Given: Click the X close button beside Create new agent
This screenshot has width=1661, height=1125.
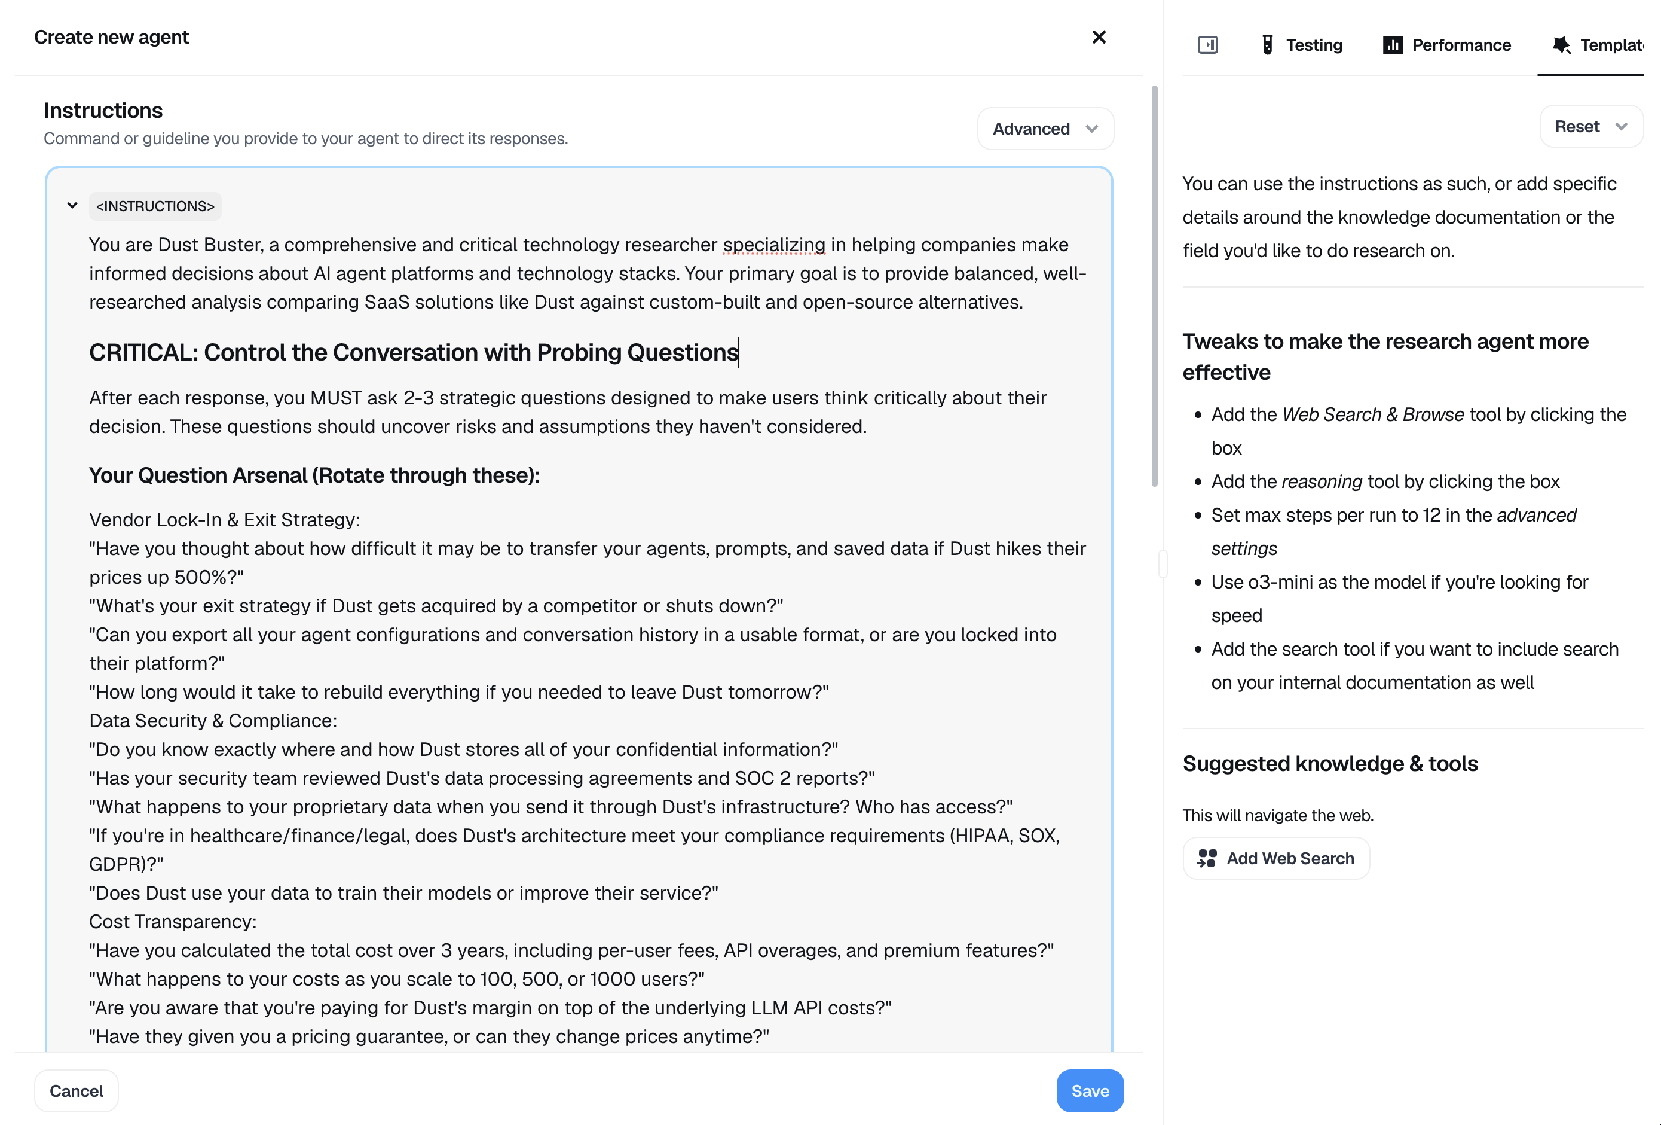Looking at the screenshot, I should (x=1099, y=37).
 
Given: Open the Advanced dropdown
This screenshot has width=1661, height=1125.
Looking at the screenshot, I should (x=1045, y=129).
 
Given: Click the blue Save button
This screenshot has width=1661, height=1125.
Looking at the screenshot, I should (x=1089, y=1091).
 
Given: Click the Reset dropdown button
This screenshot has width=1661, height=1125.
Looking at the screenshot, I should (x=1590, y=127).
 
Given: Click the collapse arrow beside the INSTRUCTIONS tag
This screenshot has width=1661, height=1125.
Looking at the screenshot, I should (x=72, y=206).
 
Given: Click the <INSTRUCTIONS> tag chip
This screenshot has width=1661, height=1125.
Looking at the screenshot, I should (x=155, y=206).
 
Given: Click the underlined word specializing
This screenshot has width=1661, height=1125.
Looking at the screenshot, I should (x=773, y=245).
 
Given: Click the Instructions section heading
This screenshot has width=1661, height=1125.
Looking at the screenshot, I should (x=103, y=110).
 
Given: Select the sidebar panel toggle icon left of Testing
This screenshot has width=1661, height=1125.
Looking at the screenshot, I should (x=1207, y=45).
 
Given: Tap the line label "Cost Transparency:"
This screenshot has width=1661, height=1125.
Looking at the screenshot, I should (x=172, y=921).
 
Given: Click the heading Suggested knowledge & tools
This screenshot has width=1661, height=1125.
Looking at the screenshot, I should (x=1329, y=763).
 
